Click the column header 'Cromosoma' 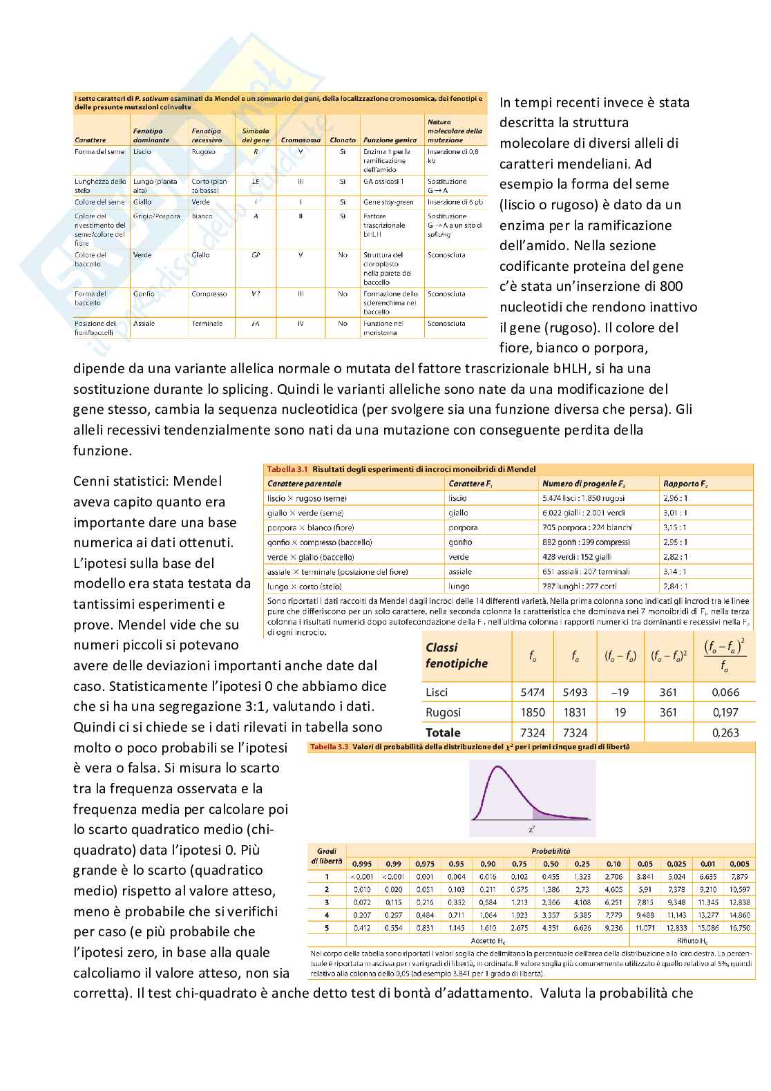tap(301, 140)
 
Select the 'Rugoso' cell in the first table tap(203, 152)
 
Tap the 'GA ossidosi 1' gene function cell tap(383, 182)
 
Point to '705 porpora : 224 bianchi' tap(587, 528)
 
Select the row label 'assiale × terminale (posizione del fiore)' tap(338, 572)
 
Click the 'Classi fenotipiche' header tap(457, 656)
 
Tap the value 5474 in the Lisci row tap(533, 692)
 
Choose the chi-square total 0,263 tap(725, 733)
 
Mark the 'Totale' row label tap(443, 733)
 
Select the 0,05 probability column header tap(645, 864)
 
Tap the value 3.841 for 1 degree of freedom tap(645, 877)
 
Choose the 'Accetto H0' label tap(488, 941)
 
